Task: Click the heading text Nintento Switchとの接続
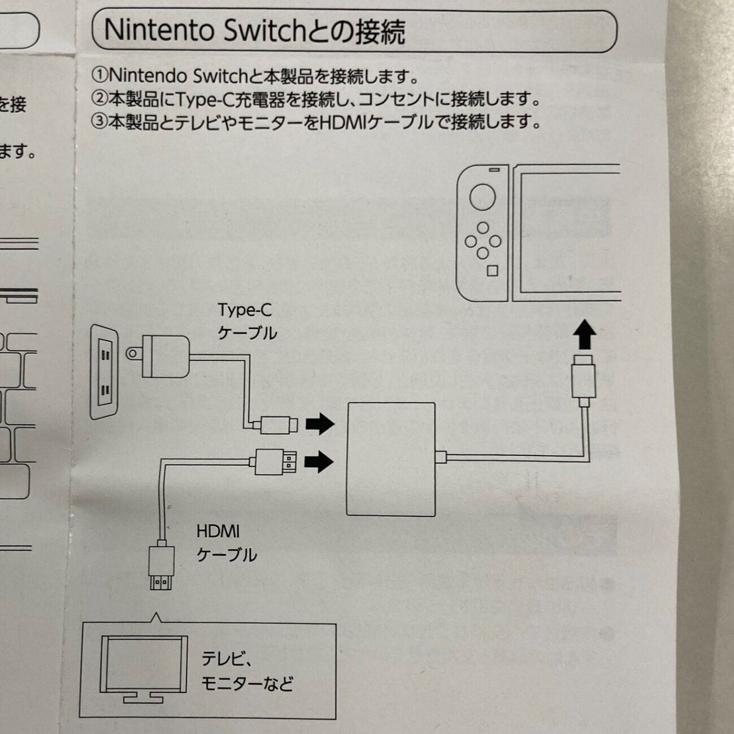tap(254, 31)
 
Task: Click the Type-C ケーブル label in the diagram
tap(246, 321)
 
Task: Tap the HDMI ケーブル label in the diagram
tap(225, 543)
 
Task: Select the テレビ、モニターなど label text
tap(247, 671)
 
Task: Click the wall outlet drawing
tap(105, 372)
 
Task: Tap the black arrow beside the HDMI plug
tap(319, 461)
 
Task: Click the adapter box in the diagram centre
tap(390, 459)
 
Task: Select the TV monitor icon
tap(144, 667)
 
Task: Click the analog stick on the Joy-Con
tap(482, 197)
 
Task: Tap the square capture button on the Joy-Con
tap(492, 271)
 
